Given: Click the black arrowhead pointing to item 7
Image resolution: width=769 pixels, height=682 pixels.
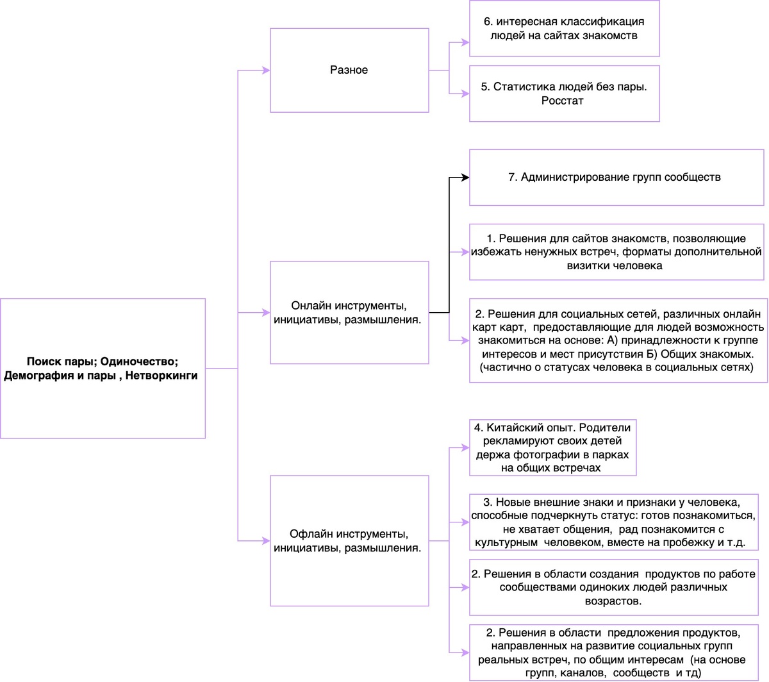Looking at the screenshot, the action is point(465,178).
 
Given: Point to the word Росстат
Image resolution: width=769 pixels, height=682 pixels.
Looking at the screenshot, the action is point(562,101).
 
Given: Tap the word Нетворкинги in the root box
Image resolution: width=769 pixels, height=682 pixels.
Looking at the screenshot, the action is point(161,376).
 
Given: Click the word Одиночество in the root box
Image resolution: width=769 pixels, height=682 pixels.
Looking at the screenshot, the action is point(139,362).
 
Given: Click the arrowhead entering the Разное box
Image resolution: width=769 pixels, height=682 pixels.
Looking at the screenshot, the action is point(266,71).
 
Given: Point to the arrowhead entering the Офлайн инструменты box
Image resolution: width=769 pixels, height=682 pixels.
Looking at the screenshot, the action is point(266,541).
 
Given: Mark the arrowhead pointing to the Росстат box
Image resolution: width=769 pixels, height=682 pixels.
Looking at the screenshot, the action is point(465,94).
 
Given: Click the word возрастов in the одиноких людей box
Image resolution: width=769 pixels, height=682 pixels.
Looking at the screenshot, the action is point(613,601).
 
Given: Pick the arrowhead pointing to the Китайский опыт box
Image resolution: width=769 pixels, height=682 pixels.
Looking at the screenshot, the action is point(465,448).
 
